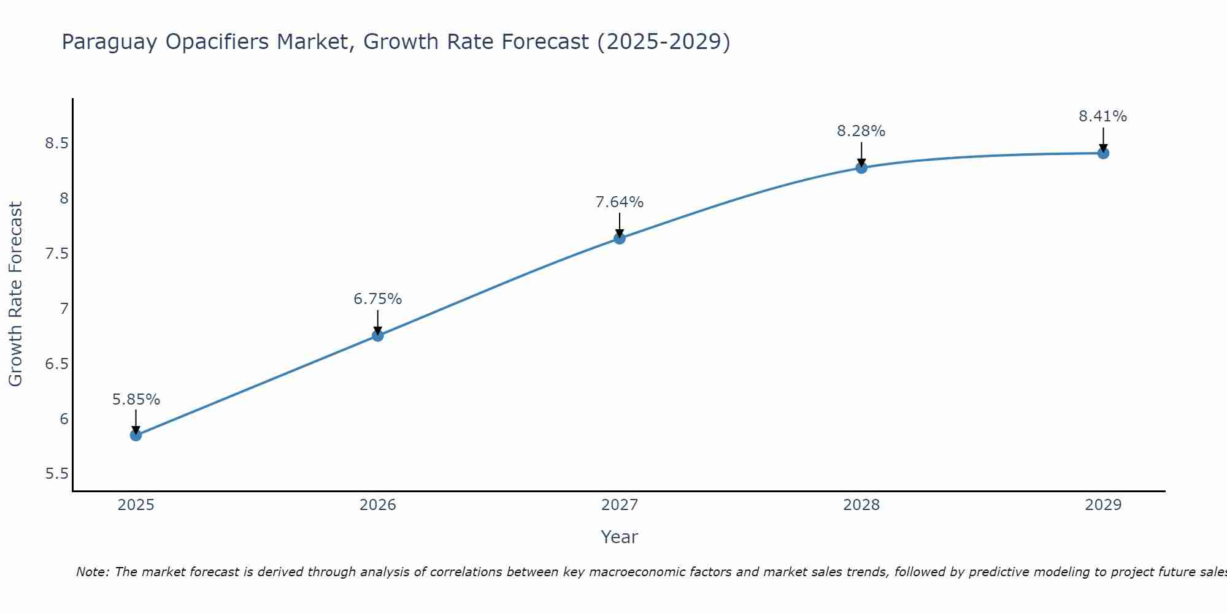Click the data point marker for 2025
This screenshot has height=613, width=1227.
(x=136, y=435)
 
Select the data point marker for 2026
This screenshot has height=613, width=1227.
(x=377, y=335)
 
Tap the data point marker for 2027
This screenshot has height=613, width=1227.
(x=619, y=238)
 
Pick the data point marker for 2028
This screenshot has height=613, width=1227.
(x=861, y=167)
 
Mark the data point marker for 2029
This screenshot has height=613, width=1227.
(x=1102, y=153)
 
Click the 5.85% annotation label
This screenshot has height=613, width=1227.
(x=136, y=400)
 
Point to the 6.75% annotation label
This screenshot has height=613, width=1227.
(x=377, y=299)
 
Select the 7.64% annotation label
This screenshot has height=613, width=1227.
(x=619, y=202)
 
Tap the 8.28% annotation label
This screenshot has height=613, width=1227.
(x=861, y=131)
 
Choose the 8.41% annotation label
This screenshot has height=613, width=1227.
(x=1102, y=116)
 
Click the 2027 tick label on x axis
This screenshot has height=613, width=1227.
(x=619, y=505)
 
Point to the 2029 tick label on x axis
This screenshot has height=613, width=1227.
(x=1102, y=505)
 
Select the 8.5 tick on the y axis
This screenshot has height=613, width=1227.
(x=56, y=143)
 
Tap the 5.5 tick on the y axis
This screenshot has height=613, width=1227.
(x=56, y=474)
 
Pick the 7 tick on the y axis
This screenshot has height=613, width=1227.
(x=64, y=308)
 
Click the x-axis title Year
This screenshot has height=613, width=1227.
(x=619, y=537)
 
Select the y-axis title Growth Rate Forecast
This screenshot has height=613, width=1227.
(x=15, y=294)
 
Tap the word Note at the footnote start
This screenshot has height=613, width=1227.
(x=92, y=572)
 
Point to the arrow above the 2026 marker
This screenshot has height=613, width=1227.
(x=377, y=322)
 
